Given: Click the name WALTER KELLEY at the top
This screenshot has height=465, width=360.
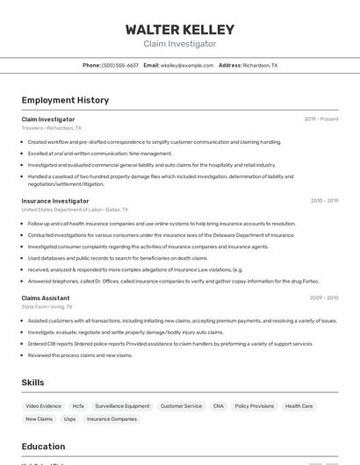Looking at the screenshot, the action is tap(179, 29).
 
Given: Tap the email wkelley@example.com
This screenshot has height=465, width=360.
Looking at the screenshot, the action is tap(187, 65).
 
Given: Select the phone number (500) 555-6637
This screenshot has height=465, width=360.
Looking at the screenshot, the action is tap(120, 65).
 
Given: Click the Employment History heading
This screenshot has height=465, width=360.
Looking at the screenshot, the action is tap(65, 100).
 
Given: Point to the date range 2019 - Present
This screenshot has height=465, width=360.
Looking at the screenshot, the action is tap(321, 118).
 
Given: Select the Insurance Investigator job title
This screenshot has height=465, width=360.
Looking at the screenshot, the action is tap(55, 201).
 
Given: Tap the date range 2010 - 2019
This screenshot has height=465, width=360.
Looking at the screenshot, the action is tap(324, 201).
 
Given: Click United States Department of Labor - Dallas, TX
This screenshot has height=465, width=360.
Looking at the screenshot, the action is tap(75, 210).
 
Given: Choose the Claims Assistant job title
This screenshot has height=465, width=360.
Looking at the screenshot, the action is tap(46, 298).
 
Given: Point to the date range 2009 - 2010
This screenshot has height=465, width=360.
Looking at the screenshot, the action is tap(323, 298).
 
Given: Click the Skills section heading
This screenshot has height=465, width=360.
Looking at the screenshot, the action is tap(32, 383).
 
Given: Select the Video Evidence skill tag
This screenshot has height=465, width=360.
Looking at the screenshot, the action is tap(44, 406).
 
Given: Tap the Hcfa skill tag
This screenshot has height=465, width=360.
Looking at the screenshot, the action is tap(78, 406).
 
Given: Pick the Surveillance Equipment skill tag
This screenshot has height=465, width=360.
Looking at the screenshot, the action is tap(122, 406).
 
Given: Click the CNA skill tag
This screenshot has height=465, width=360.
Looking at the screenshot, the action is tap(219, 406).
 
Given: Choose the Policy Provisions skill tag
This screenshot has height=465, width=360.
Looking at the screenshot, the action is tap(255, 406).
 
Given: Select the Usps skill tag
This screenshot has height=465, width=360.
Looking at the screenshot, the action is tap(69, 419).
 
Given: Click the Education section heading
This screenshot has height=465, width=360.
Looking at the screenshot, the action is tap(43, 447).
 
